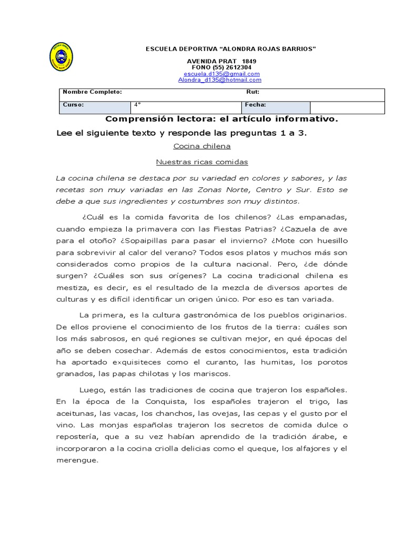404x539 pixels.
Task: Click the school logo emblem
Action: tap(61, 56)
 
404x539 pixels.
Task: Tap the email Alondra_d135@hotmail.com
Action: tap(219, 80)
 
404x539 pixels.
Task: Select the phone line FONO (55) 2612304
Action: tap(221, 68)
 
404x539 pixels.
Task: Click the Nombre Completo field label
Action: tap(92, 92)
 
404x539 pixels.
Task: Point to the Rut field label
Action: tap(252, 92)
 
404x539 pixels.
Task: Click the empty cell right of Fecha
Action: tap(347, 107)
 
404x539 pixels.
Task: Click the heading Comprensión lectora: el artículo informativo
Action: tap(221, 119)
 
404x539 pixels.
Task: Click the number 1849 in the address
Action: tap(249, 62)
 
